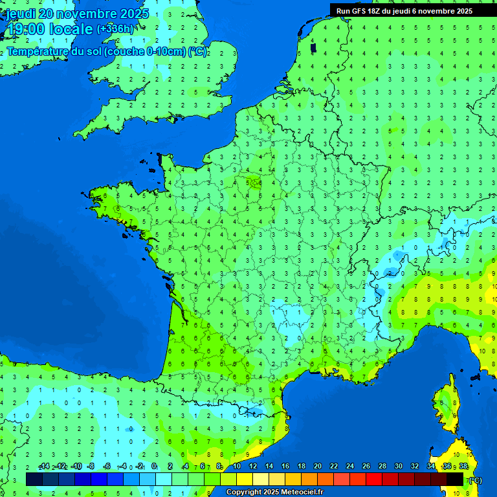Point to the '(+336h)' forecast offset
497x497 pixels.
pyautogui.click(x=115, y=28)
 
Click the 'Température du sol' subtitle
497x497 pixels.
pyautogui.click(x=54, y=52)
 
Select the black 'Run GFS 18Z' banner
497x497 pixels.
pyautogui.click(x=413, y=10)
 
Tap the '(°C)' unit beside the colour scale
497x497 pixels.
pyautogui.click(x=474, y=480)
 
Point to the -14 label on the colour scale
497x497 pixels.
pyautogui.click(x=45, y=467)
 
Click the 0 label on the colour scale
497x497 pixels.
pyautogui.click(x=154, y=467)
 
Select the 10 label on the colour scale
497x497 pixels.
pyautogui.click(x=237, y=467)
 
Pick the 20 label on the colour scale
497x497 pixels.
pyautogui.click(x=318, y=467)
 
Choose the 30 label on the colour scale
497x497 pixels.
pyautogui.click(x=399, y=467)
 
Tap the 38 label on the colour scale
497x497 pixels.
pyautogui.click(x=463, y=467)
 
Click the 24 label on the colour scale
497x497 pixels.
pyautogui.click(x=350, y=467)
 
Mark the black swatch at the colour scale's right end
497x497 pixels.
pyautogui.click(x=455, y=479)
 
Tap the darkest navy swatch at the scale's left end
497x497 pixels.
pyautogui.click(x=34, y=479)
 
